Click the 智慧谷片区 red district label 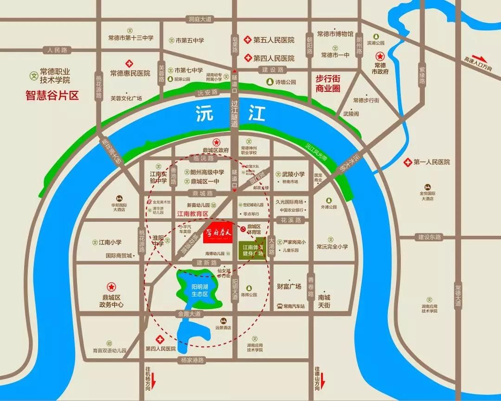[52, 96]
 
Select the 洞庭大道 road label [200, 19]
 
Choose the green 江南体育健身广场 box [253, 251]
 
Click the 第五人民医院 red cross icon [248, 40]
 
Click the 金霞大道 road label [189, 314]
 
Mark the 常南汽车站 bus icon [280, 306]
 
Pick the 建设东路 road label [429, 237]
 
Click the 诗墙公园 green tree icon [270, 82]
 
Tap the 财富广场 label [289, 286]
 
